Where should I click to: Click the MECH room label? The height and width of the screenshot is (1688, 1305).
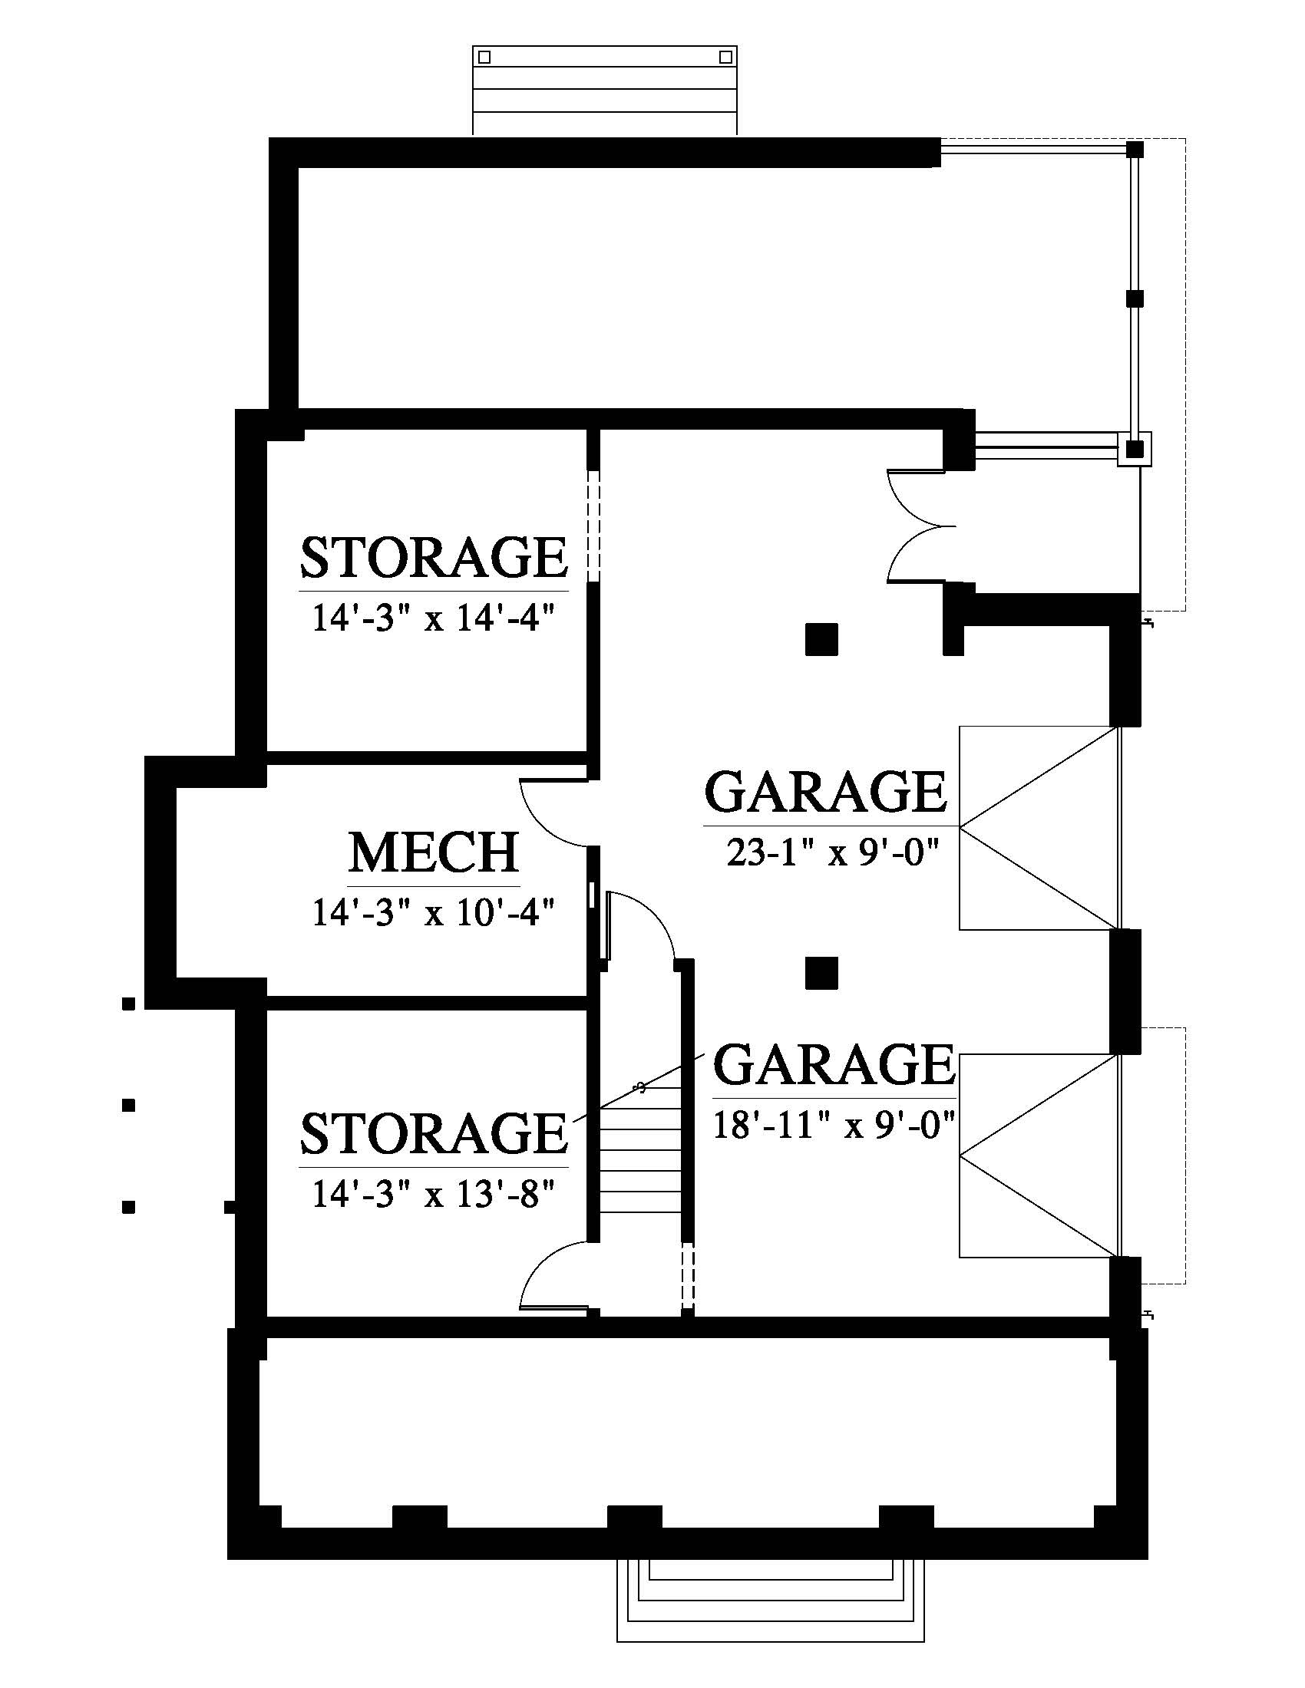click(x=434, y=852)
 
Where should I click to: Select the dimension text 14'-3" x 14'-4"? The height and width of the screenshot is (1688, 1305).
click(x=434, y=619)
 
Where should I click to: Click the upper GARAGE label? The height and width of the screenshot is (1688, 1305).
click(x=826, y=792)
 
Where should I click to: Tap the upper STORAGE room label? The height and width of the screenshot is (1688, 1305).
click(x=434, y=557)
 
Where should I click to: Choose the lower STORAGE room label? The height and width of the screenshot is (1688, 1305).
click(x=434, y=1133)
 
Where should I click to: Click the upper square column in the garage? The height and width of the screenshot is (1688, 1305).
click(x=822, y=639)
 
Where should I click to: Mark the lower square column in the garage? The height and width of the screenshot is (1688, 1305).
click(x=822, y=973)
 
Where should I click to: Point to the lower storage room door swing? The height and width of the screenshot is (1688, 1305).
click(x=554, y=1276)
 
